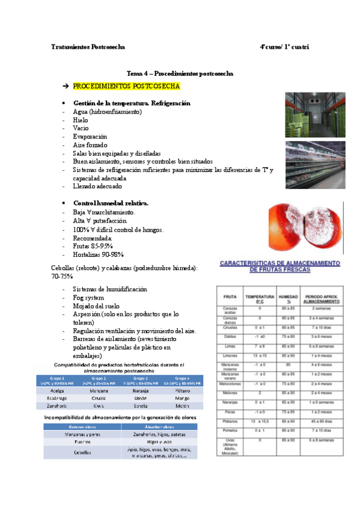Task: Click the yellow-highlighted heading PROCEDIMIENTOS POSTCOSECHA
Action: point(126,87)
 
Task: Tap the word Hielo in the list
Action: point(81,120)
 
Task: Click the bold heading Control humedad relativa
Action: point(111,203)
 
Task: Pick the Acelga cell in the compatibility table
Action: point(59,390)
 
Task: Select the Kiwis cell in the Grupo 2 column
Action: point(100,407)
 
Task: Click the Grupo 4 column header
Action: point(184,380)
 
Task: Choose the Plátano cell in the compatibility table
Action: point(184,390)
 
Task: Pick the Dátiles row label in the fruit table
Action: point(229,336)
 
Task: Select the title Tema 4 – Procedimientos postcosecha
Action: point(180,73)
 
